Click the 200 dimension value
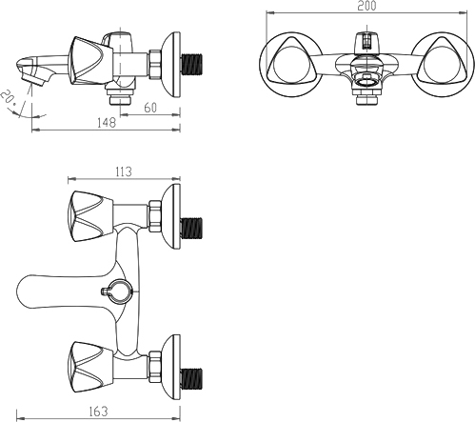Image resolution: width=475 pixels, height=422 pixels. click(366, 6)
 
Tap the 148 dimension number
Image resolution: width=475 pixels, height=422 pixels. click(107, 123)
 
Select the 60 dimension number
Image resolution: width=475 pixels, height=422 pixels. click(150, 108)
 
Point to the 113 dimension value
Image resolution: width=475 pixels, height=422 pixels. click(123, 171)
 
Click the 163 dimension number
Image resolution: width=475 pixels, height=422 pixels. click(98, 412)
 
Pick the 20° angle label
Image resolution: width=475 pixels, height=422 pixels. click(9, 99)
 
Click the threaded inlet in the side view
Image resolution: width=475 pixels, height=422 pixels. click(191, 65)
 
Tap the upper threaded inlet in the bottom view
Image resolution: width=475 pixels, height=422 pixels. click(191, 229)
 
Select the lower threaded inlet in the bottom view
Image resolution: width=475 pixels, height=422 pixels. click(191, 379)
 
